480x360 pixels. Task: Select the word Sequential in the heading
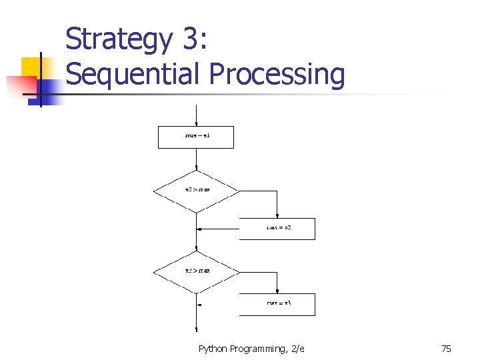click(133, 74)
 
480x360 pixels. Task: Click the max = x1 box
click(197, 137)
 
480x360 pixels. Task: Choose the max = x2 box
click(277, 228)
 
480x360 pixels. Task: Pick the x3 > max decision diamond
click(197, 271)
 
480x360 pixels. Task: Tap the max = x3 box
click(277, 304)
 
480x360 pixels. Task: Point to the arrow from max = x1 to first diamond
click(197, 160)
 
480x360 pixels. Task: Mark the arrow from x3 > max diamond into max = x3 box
click(277, 283)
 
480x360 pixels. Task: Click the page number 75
click(446, 349)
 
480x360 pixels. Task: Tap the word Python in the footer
click(213, 349)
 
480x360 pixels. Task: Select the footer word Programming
click(257, 349)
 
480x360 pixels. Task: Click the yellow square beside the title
click(31, 67)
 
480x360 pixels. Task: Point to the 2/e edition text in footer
click(297, 349)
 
